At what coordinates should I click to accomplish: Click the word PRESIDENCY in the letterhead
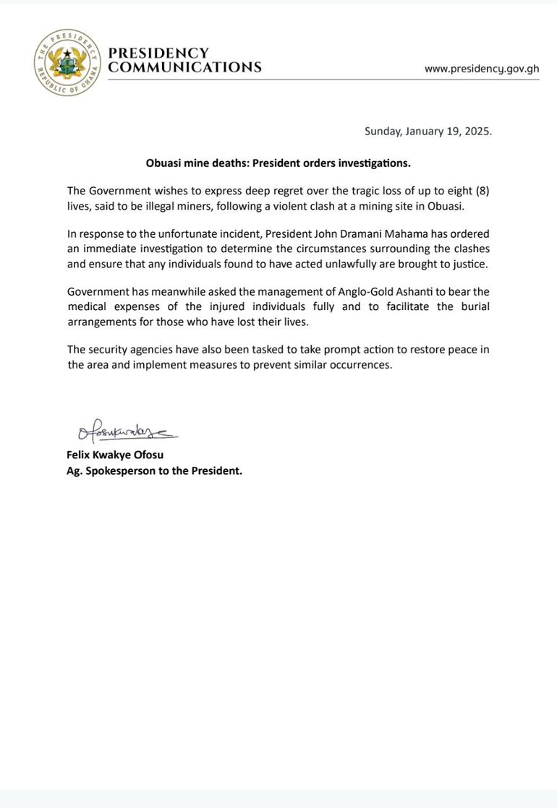[158, 53]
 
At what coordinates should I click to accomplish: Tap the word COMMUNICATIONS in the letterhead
[184, 68]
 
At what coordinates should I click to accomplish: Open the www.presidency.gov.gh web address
[481, 69]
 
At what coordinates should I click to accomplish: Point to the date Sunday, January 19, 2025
[428, 132]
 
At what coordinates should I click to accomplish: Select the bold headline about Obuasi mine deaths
[278, 163]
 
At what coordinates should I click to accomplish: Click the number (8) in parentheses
[482, 191]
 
